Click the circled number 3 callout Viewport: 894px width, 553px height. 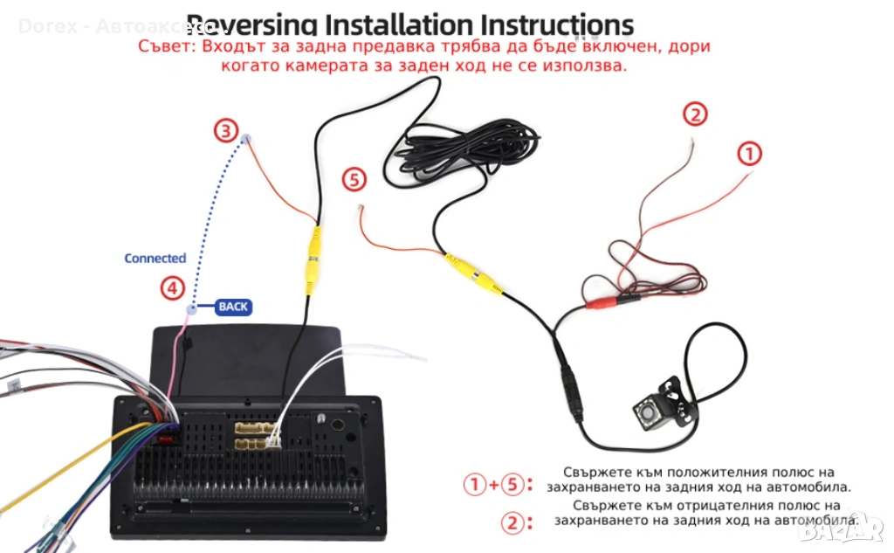tap(226, 131)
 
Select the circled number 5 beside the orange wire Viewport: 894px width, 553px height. tap(354, 180)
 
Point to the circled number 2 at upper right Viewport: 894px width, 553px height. tap(694, 114)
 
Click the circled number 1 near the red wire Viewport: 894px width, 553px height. tap(749, 154)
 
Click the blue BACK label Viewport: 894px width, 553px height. tap(233, 307)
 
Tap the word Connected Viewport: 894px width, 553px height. tap(155, 259)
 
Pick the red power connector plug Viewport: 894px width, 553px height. tap(602, 302)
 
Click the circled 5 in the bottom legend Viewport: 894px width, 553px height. tap(516, 484)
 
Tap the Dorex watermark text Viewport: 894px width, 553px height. tap(48, 26)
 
